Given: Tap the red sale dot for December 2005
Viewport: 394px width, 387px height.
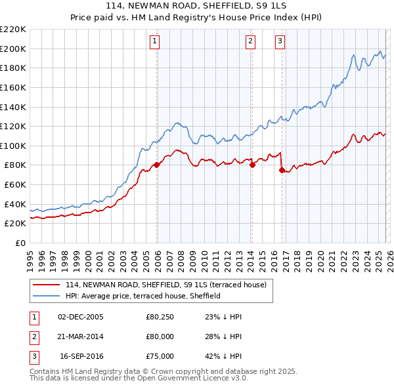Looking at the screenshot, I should (156, 165).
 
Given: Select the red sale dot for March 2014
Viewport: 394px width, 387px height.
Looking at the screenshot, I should (252, 165).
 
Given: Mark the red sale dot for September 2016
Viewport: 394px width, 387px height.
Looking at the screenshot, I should (282, 170).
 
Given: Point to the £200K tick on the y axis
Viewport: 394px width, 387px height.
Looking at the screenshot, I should (13, 49).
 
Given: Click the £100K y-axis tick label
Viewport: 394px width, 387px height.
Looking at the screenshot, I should (13, 146).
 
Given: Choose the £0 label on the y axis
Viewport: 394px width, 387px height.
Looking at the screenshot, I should (20, 243).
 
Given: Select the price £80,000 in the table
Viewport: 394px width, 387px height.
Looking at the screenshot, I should (160, 336).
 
